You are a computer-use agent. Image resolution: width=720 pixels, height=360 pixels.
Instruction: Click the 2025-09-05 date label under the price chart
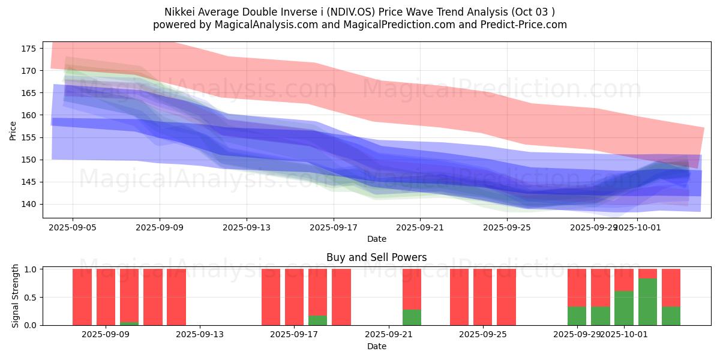[x=73, y=228]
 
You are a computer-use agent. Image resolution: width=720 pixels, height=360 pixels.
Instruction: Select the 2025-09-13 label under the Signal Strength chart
[x=200, y=335]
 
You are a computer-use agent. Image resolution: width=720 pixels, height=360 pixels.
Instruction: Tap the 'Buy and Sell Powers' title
[x=376, y=257]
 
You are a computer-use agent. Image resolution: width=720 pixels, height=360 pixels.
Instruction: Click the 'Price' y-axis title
[x=14, y=130]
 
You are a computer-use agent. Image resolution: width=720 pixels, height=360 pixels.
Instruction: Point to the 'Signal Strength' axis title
[x=16, y=296]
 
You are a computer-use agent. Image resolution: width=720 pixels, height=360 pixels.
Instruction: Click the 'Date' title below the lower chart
[x=376, y=346]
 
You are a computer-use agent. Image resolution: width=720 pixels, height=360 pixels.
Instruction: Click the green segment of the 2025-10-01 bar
[x=624, y=308]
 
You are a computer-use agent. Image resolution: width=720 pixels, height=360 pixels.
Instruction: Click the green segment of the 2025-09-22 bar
[x=412, y=317]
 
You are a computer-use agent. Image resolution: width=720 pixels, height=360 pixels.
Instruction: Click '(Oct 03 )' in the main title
[x=533, y=12]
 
